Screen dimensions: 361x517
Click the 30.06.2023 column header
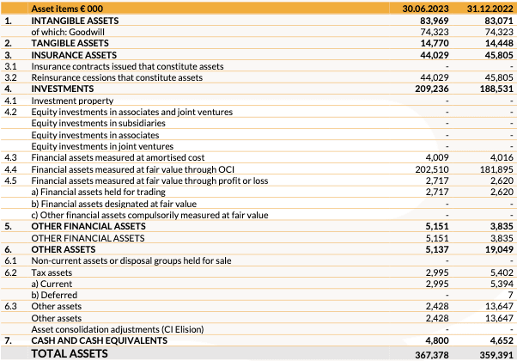[427, 8]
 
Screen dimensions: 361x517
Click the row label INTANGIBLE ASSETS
[76, 19]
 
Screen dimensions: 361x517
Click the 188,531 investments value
[496, 89]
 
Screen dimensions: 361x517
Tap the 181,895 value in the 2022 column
[496, 169]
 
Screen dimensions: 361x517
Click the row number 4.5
[10, 180]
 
